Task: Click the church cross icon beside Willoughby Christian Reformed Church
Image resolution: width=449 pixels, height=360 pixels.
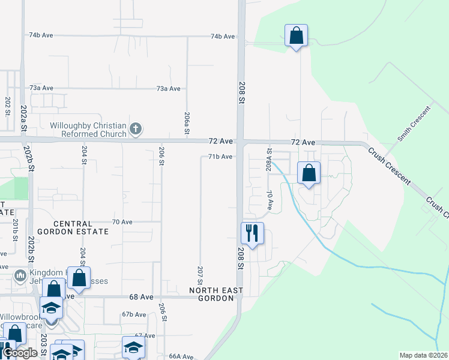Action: click(136, 128)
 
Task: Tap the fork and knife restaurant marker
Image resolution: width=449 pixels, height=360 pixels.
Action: click(252, 233)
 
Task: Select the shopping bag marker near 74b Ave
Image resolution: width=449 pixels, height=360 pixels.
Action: click(296, 36)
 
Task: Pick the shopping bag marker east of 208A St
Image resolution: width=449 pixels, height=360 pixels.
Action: click(309, 173)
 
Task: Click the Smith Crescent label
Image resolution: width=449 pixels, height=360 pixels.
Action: click(414, 124)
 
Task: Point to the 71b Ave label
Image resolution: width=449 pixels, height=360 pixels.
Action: click(220, 157)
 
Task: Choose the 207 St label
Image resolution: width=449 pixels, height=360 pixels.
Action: click(199, 275)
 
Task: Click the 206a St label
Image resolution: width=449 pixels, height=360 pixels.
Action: click(187, 123)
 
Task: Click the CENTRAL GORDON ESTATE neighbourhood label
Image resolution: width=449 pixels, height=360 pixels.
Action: click(73, 227)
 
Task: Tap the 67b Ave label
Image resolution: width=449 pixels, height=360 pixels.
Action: click(134, 314)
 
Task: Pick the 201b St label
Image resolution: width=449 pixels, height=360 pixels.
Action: click(15, 231)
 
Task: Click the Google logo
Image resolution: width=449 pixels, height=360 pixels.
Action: click(20, 353)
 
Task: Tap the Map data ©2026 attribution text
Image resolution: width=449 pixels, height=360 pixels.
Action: click(423, 355)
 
